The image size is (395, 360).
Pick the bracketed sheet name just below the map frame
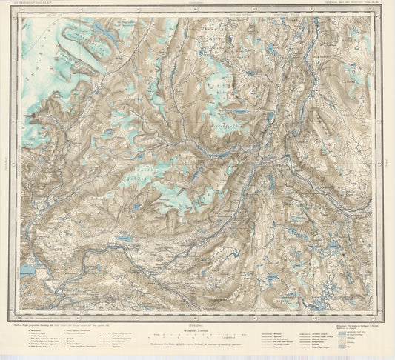click(x=197, y=321)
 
